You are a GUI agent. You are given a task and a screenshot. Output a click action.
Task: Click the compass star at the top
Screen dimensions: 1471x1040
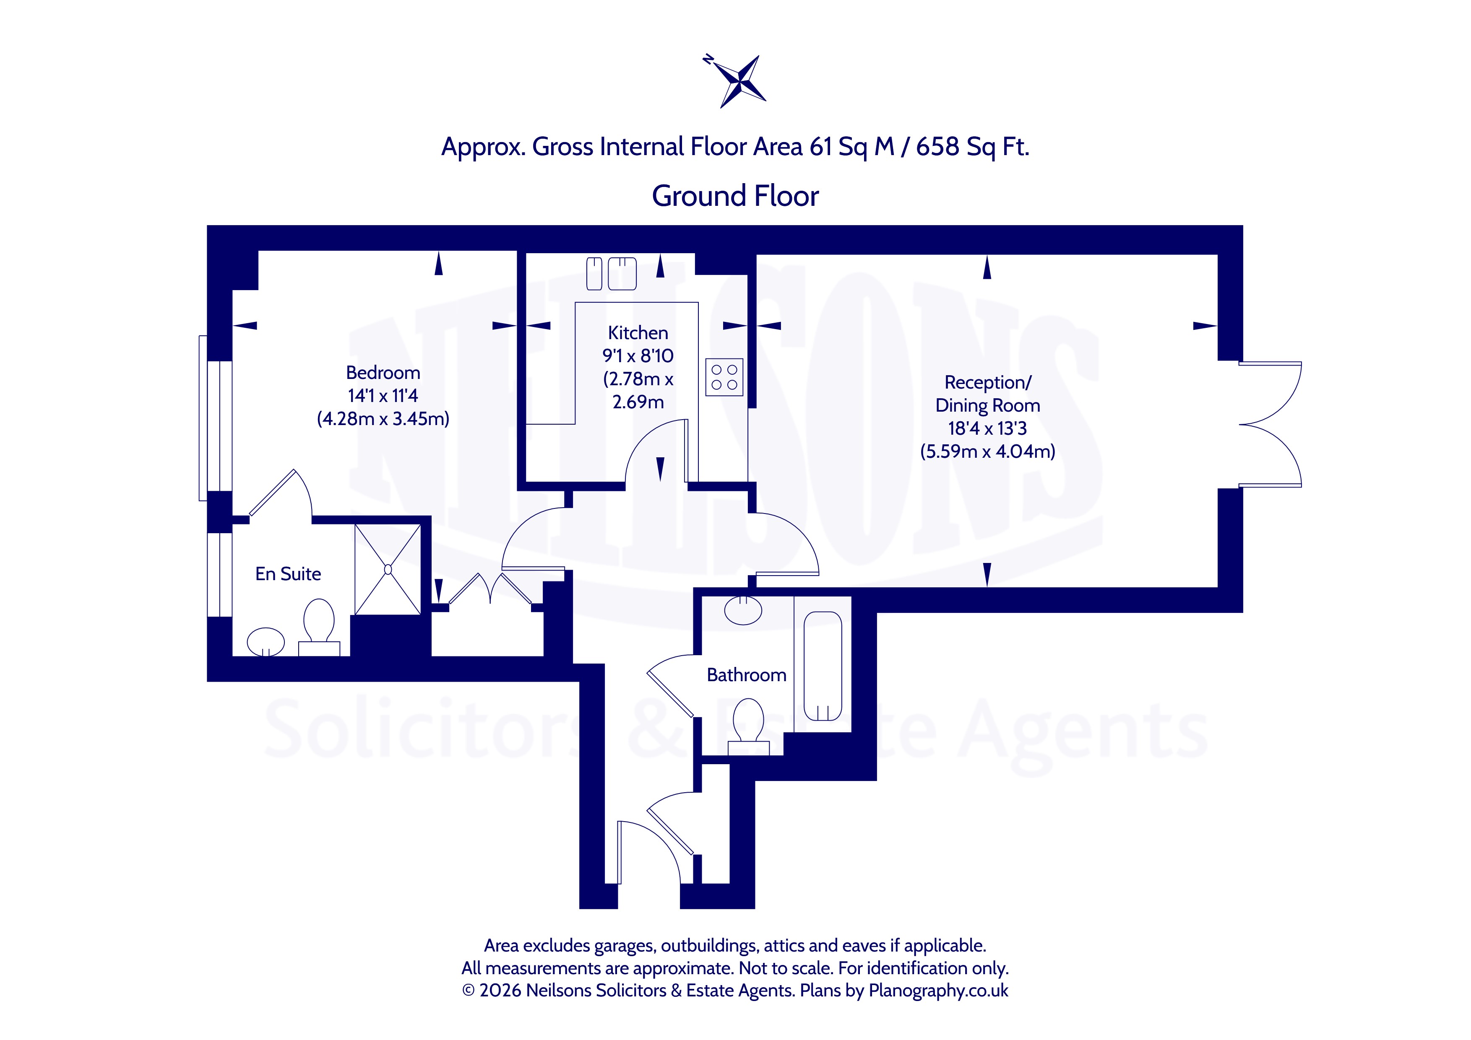point(739,81)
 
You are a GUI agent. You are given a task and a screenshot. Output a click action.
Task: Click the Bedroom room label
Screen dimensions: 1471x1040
point(383,373)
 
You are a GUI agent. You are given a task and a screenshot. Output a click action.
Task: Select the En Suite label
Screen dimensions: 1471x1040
point(288,574)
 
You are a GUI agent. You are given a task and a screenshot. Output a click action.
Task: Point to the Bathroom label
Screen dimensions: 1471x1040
point(746,675)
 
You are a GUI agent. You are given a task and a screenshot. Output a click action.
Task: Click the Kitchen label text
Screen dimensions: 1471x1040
point(638,333)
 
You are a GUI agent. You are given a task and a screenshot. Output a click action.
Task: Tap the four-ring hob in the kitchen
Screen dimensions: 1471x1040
point(724,377)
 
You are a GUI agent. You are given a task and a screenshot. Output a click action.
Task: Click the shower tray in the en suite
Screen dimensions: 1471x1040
point(388,569)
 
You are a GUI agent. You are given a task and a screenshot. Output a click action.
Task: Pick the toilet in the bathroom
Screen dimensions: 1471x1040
point(748,727)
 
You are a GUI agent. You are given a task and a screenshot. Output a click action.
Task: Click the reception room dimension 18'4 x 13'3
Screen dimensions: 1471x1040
point(987,428)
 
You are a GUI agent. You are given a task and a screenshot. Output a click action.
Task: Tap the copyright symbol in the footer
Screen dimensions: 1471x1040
point(469,991)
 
